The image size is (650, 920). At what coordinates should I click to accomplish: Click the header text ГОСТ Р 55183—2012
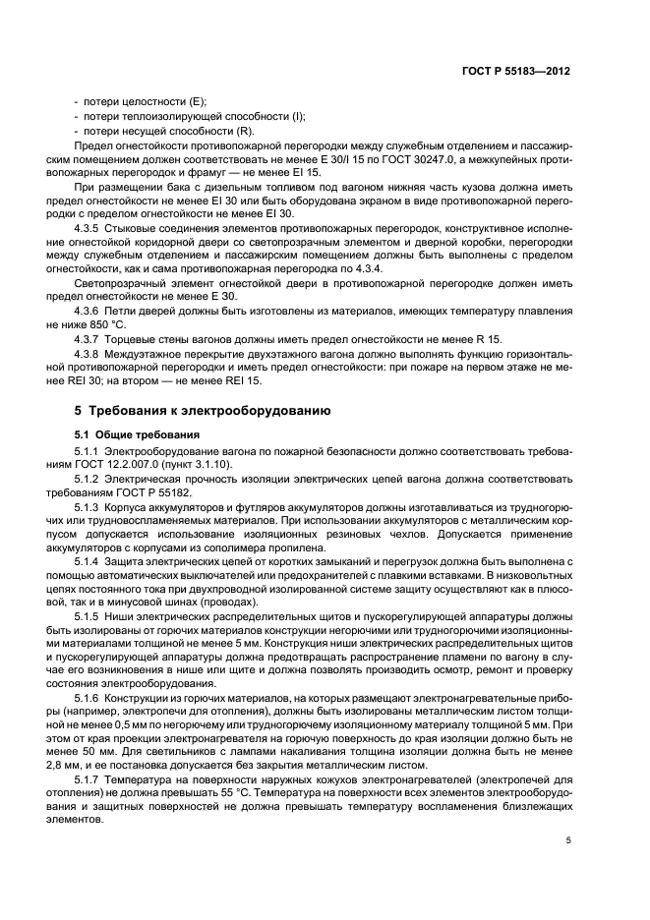pyautogui.click(x=517, y=72)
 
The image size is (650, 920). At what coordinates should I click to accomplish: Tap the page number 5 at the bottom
pyautogui.click(x=568, y=839)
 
